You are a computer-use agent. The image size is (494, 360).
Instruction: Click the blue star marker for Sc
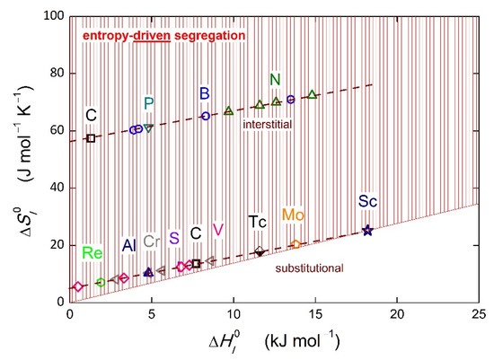[x=367, y=231]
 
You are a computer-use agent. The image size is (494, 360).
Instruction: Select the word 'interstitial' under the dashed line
[x=269, y=126]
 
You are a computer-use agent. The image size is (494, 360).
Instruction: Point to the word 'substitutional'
[x=310, y=268]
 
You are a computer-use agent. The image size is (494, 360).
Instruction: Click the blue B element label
[x=205, y=93]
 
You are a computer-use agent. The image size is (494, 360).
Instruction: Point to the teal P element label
[x=149, y=104]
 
